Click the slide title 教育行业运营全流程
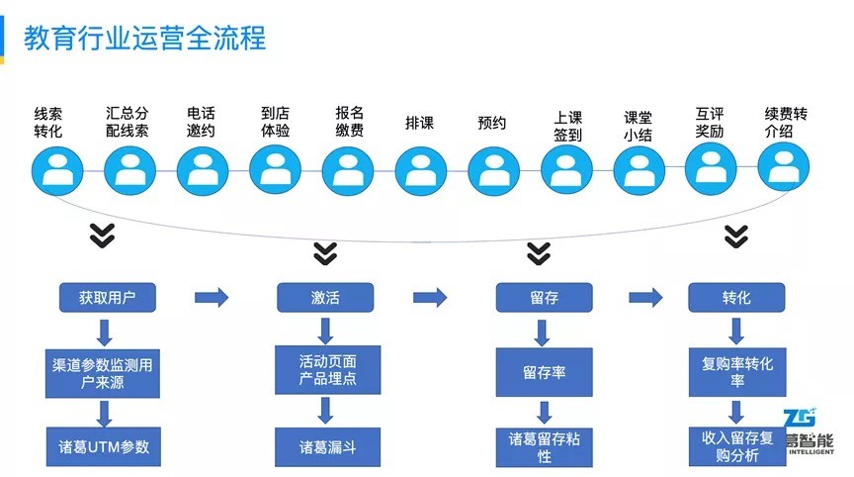[145, 39]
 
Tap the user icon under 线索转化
[57, 170]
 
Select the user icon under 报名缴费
[348, 170]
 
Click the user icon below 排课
[420, 171]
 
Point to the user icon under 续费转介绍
[784, 166]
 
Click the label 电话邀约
[201, 122]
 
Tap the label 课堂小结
[638, 126]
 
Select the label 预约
[492, 123]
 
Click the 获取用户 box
[108, 297]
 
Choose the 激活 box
[325, 297]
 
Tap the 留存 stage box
[544, 297]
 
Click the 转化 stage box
[736, 297]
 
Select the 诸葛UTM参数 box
[104, 447]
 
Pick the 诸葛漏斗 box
[327, 447]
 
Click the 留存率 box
[544, 372]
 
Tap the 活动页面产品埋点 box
[327, 369]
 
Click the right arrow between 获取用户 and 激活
[212, 297]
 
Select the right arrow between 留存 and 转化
[645, 297]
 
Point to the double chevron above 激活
[325, 253]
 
